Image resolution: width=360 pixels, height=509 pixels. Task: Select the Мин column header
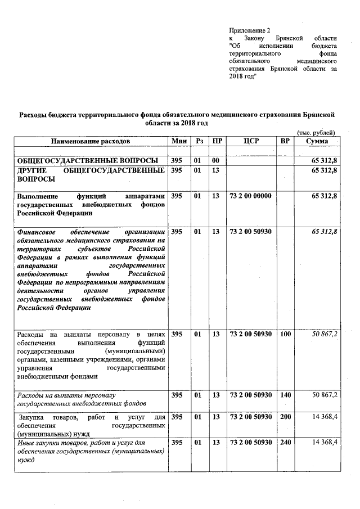point(179,141)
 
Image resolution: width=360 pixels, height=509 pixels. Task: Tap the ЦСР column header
point(251,141)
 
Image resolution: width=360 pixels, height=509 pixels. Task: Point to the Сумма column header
point(317,141)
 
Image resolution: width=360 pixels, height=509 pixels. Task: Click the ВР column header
point(285,141)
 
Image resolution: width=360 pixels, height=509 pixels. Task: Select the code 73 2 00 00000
point(251,196)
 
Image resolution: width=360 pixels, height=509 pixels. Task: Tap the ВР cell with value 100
point(285,334)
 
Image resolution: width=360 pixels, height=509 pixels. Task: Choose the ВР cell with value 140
point(285,395)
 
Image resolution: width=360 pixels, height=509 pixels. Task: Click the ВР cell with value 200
point(285,417)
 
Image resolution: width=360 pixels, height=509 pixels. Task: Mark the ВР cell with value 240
point(285,443)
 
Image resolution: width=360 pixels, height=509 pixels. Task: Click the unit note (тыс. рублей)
point(316,132)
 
